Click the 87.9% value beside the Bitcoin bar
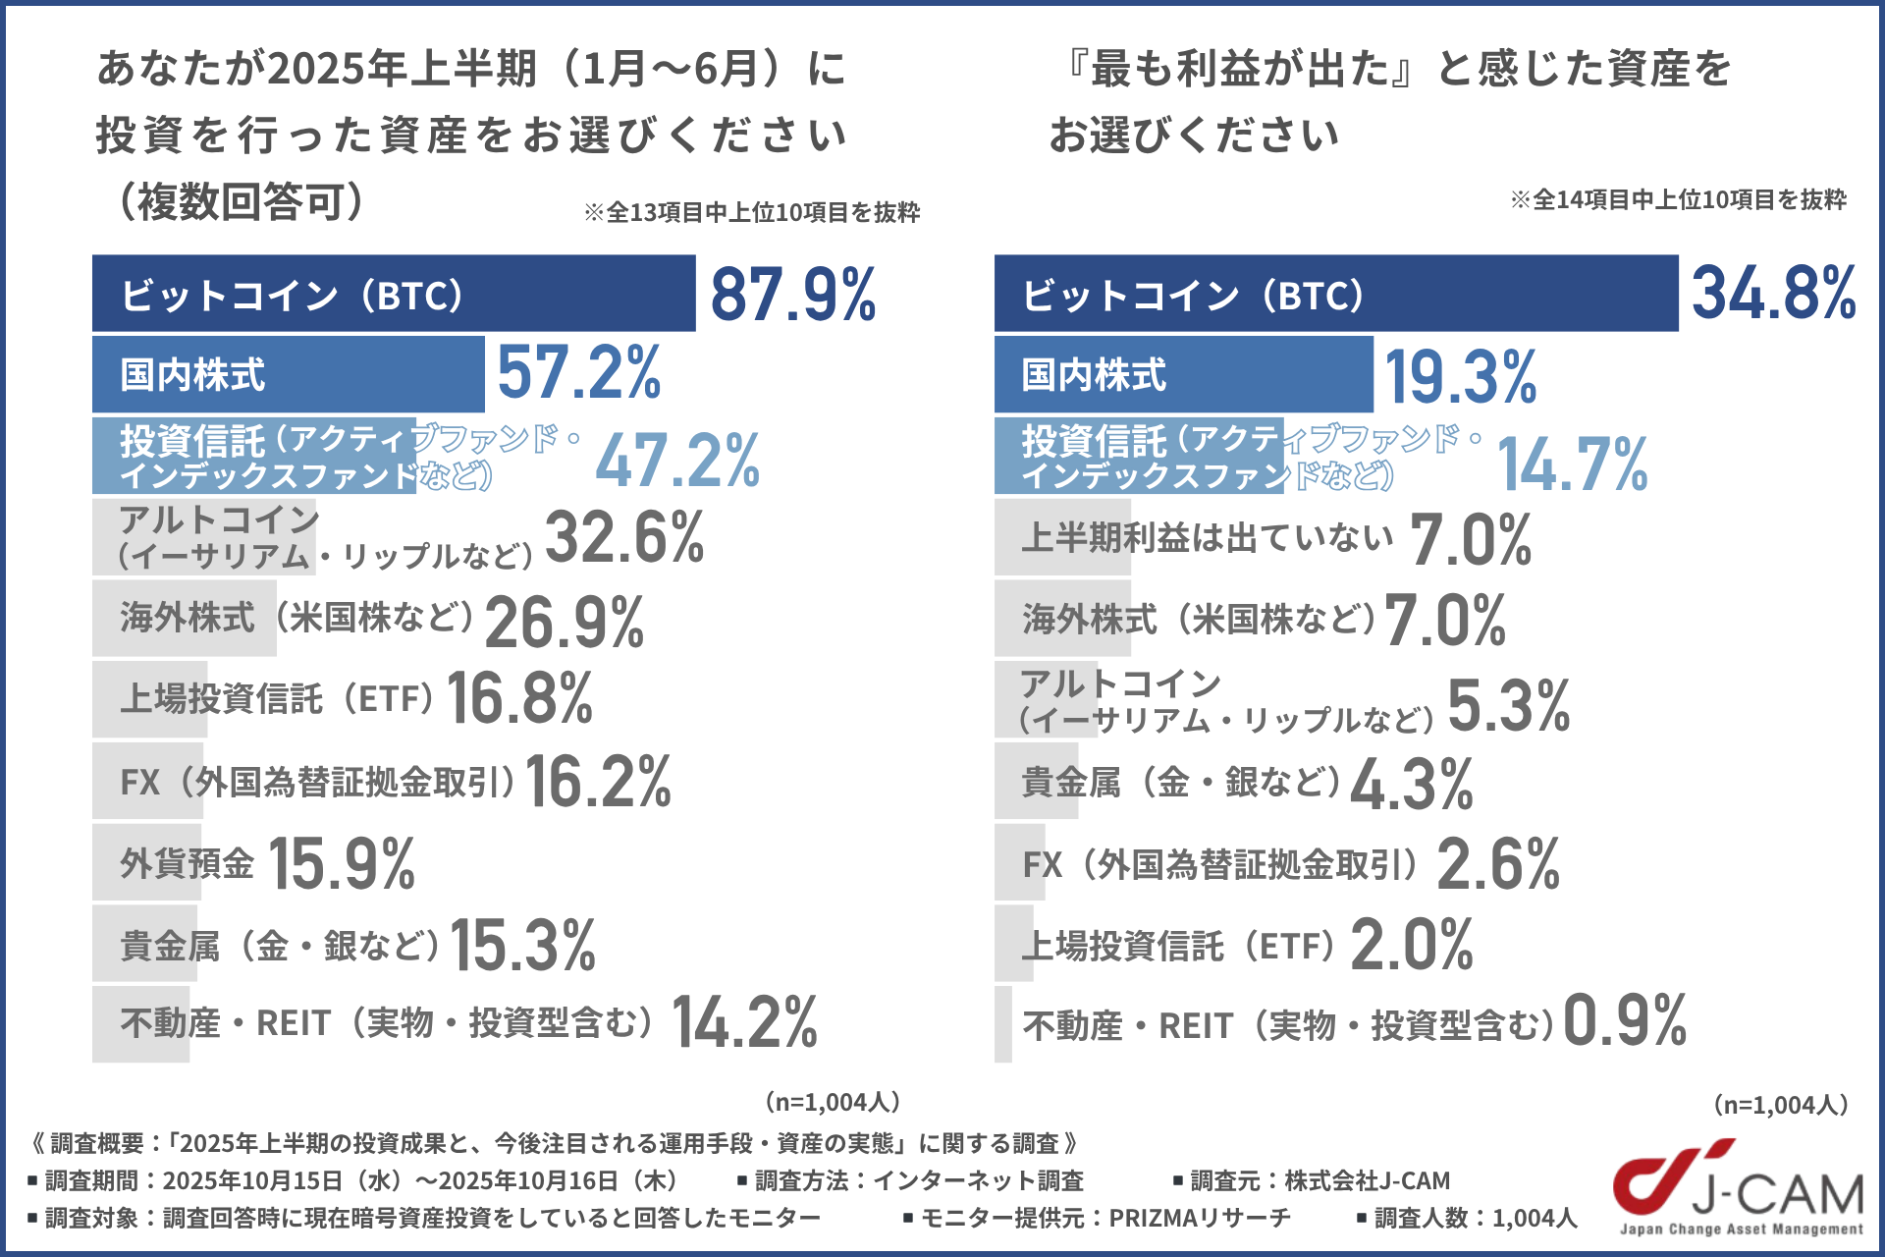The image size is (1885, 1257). click(x=793, y=295)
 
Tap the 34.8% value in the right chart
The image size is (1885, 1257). click(x=1773, y=294)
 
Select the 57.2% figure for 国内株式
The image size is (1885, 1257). click(x=579, y=373)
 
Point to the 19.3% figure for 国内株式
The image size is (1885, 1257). click(x=1460, y=377)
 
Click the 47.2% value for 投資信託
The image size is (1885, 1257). click(x=677, y=461)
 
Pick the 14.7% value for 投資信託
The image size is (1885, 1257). click(x=1573, y=464)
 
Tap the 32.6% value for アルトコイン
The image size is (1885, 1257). click(x=624, y=538)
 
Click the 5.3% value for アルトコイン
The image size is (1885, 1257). click(x=1509, y=706)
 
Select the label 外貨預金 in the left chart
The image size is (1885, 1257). click(x=187, y=864)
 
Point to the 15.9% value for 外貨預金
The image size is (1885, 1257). click(x=342, y=864)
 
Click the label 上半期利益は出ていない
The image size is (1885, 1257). click(x=1207, y=537)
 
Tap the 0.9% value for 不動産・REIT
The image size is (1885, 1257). click(x=1625, y=1021)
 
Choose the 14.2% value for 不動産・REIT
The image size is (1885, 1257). click(x=744, y=1023)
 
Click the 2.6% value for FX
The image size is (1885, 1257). click(x=1498, y=864)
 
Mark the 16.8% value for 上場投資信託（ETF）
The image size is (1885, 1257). click(x=519, y=698)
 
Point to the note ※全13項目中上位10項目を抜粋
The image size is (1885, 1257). click(x=752, y=212)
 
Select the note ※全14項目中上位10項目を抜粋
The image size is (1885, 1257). click(x=1678, y=200)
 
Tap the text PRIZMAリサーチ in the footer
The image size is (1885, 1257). click(x=1199, y=1218)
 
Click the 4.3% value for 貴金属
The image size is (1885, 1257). click(x=1412, y=784)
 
